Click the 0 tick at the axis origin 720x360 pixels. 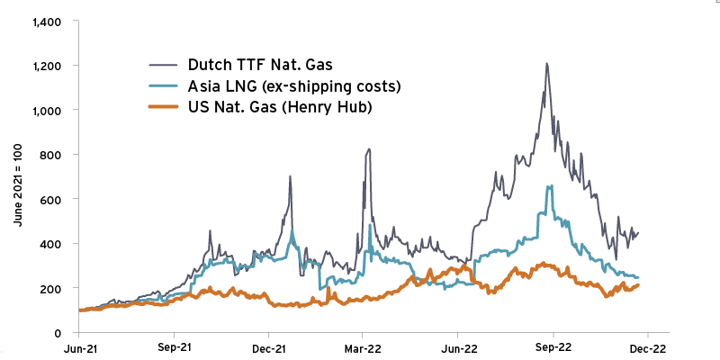pyautogui.click(x=56, y=333)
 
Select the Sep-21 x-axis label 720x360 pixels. pyautogui.click(x=174, y=347)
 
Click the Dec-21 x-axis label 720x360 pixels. pyautogui.click(x=268, y=347)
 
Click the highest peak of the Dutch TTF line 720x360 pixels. pyautogui.click(x=546, y=64)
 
